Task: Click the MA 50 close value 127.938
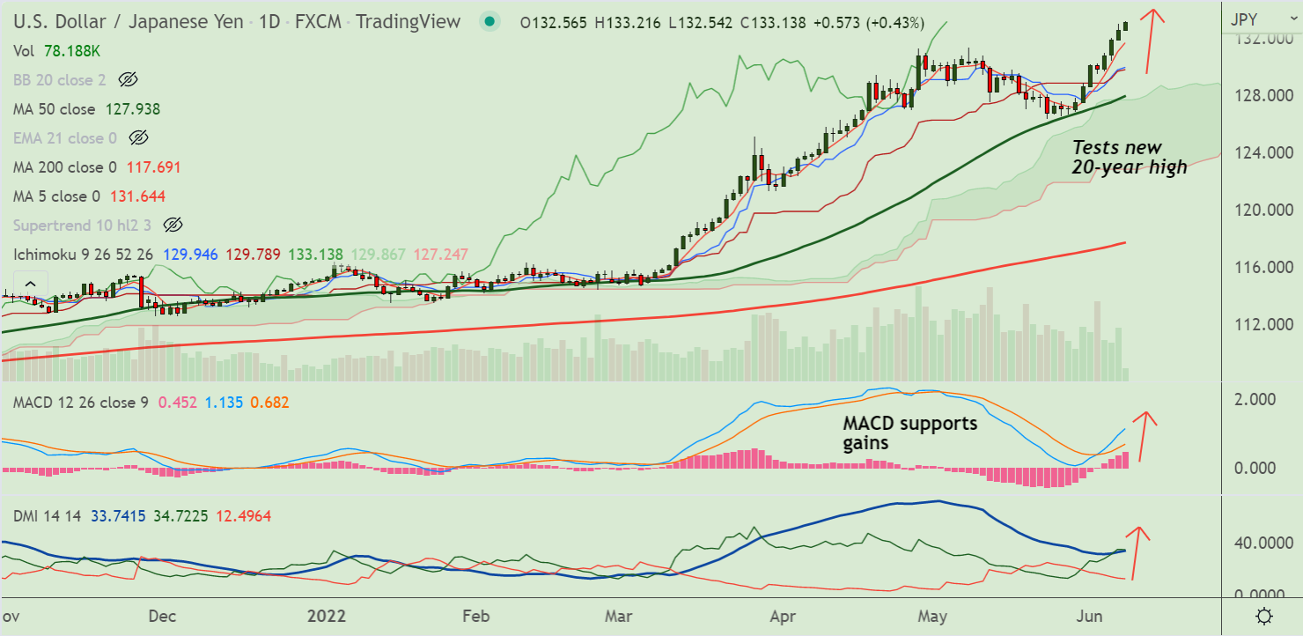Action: (133, 109)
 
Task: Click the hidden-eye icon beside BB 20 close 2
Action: (128, 80)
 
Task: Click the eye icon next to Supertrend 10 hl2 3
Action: (173, 226)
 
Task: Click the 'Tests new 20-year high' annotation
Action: (1129, 157)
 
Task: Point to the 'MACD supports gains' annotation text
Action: (909, 433)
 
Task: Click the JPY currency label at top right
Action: (1244, 19)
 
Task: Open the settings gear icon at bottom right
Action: (1264, 616)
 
